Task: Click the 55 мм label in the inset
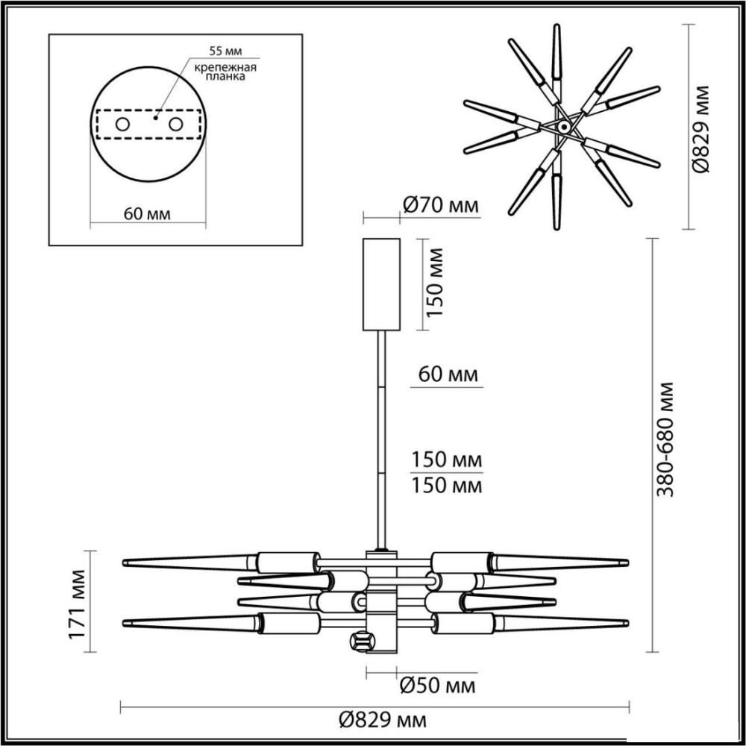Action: tap(225, 51)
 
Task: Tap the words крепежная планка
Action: tap(225, 72)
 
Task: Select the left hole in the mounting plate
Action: tap(122, 125)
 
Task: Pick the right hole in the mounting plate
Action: tap(175, 125)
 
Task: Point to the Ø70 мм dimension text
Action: tap(440, 206)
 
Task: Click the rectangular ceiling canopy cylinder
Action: tap(381, 284)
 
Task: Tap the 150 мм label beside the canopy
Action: tap(434, 282)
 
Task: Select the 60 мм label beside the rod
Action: tap(448, 374)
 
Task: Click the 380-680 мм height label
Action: tap(665, 439)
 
